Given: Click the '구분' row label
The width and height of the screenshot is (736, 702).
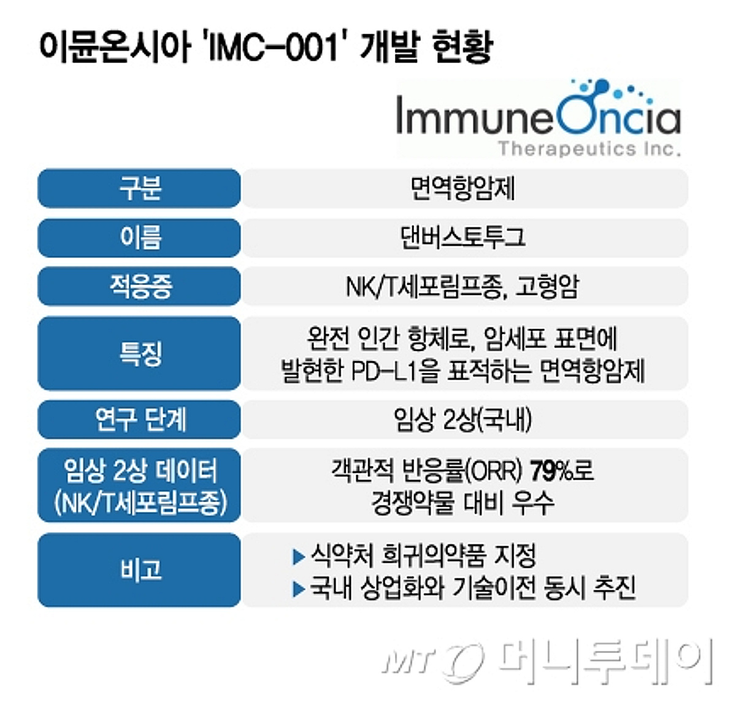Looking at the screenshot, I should [x=140, y=188].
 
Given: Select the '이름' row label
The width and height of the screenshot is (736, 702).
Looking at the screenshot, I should [x=140, y=237].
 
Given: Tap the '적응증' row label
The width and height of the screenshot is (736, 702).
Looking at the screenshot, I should [x=140, y=286].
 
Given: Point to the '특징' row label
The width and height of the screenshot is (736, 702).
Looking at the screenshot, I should [x=140, y=353].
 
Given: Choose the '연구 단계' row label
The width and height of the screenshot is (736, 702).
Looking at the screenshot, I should [x=140, y=419].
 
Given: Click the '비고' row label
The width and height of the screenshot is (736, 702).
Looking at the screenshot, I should [x=140, y=570].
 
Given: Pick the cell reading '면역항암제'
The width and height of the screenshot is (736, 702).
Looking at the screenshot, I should [x=462, y=188].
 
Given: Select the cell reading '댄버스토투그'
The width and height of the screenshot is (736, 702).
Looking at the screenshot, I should [x=462, y=237].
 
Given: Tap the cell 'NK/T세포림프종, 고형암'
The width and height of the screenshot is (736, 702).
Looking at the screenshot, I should [x=462, y=286].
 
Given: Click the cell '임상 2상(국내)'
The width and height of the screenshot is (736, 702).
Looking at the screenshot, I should [x=462, y=419].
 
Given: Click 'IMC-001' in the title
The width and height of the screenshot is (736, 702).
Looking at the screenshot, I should [x=273, y=48].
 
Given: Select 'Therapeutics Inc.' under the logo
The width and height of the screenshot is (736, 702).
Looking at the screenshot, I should [x=589, y=148].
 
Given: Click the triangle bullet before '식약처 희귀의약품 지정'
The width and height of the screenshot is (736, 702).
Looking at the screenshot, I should [x=299, y=557].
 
